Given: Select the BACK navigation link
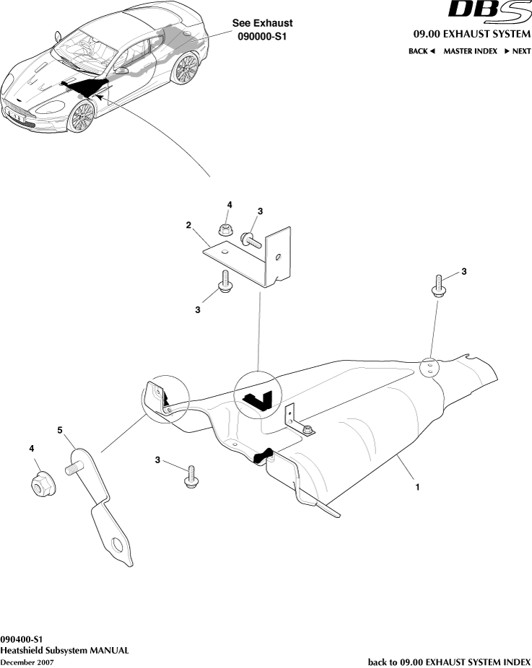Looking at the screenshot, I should point(422,51).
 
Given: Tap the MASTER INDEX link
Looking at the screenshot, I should point(470,51).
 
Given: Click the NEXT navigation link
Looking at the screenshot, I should point(517,51).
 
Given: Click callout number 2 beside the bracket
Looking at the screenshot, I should point(188,225).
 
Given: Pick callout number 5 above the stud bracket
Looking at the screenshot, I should point(60,430).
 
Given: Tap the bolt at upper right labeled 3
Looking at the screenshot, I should point(438,285).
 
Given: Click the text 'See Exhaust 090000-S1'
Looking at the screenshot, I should point(262,29).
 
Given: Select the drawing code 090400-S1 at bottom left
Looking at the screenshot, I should point(22,639).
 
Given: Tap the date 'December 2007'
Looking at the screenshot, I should point(27,662).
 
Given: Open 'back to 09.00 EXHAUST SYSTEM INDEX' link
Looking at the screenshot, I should point(449,662).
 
